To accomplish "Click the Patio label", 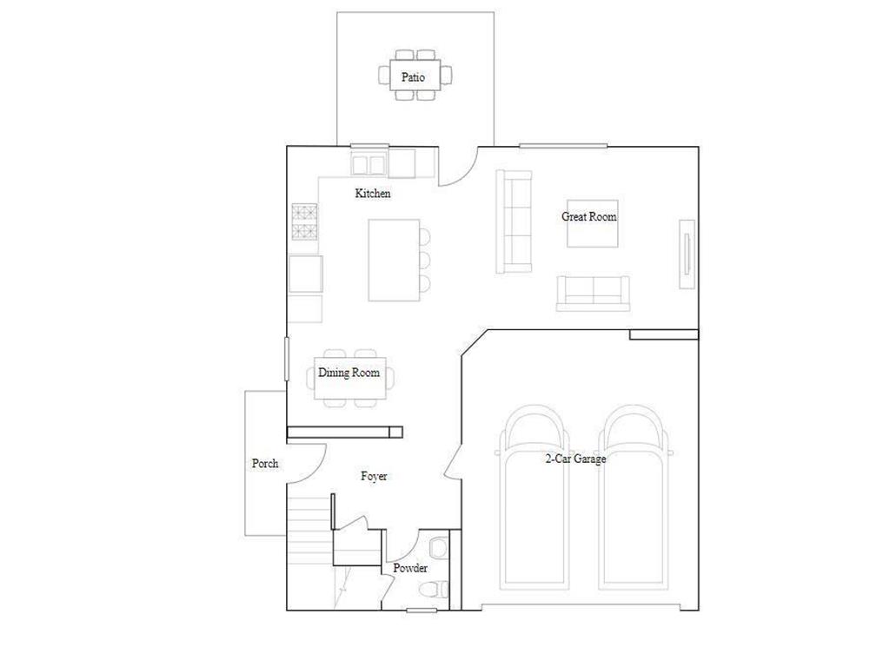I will (413, 77).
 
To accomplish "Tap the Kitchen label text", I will (373, 194).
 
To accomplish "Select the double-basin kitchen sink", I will (369, 163).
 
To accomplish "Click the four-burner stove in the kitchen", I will (304, 221).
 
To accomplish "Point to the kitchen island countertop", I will (394, 260).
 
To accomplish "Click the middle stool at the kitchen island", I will (425, 259).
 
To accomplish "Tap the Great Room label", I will (588, 217).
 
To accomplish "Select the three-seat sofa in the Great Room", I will (514, 221).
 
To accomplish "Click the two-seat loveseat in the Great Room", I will (593, 292).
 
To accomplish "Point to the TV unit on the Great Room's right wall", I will (687, 254).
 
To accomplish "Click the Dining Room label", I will (349, 373).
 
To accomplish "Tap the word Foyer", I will (374, 477).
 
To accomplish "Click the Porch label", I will (265, 464).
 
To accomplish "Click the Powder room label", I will (409, 568).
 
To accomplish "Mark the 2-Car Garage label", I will (575, 459).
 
